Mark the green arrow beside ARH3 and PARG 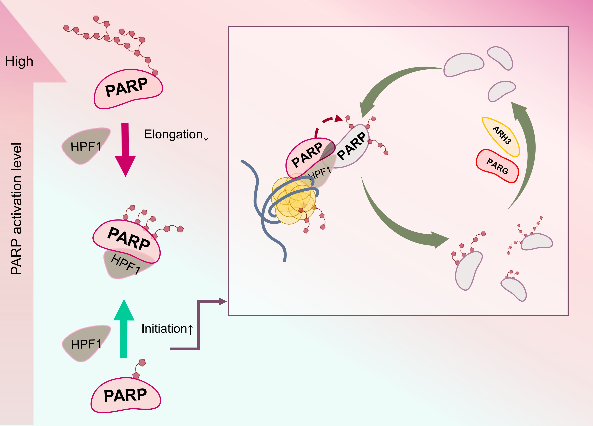[x=526, y=154]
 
